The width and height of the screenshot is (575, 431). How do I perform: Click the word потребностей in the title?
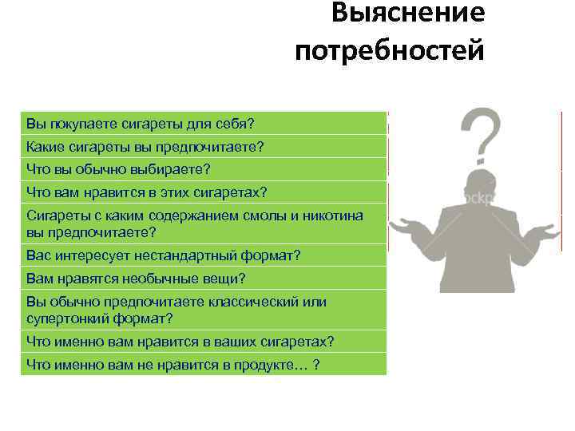point(389,52)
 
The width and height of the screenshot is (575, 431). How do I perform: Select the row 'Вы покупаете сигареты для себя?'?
point(203,124)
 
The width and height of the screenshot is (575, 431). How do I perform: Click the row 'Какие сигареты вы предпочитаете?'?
point(203,147)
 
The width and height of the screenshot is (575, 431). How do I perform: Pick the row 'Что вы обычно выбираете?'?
point(203,169)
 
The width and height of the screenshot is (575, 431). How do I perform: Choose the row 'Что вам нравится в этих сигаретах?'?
point(203,192)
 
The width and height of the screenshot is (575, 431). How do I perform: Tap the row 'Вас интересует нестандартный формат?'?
point(203,256)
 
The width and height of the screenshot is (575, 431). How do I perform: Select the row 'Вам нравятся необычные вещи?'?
point(203,279)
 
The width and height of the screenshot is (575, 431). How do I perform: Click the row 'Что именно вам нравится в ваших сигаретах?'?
point(203,342)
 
